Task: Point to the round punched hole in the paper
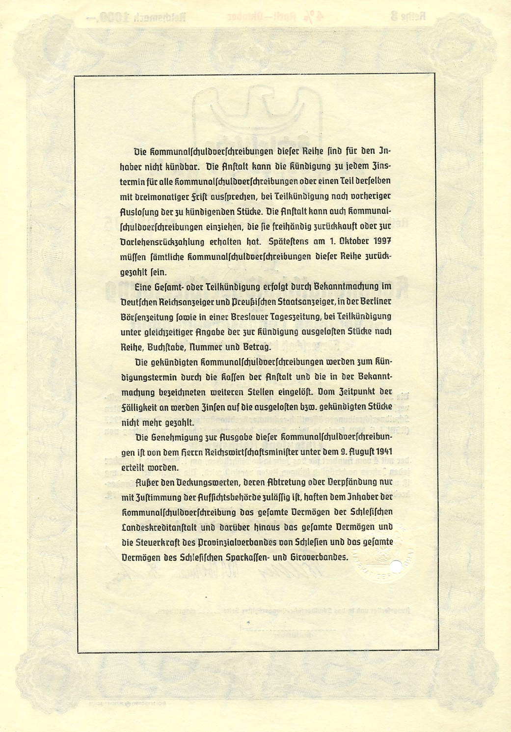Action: [x=394, y=566]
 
